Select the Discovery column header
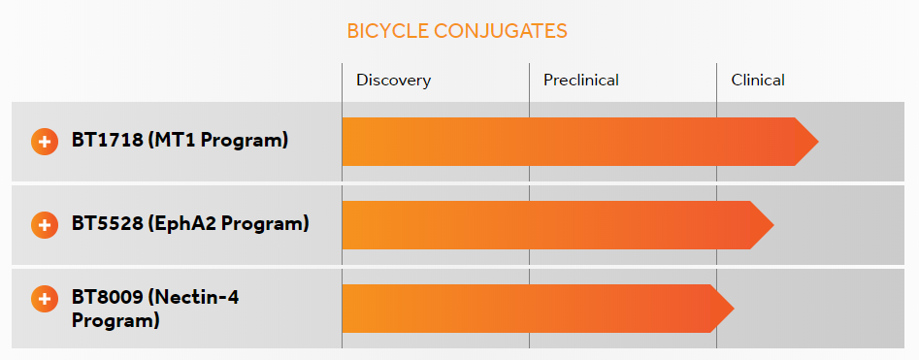click(393, 80)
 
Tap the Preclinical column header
click(580, 80)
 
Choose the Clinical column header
click(758, 80)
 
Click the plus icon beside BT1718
click(45, 141)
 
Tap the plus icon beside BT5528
click(45, 225)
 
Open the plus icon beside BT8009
click(45, 299)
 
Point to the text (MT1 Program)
click(218, 140)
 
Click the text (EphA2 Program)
click(229, 224)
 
